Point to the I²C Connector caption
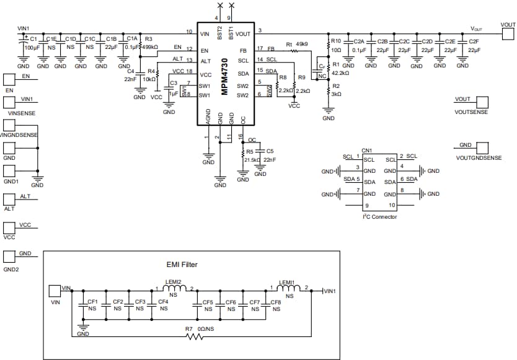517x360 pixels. pos(380,217)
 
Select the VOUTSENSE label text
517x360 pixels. pos(471,112)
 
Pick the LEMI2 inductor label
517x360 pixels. pos(173,282)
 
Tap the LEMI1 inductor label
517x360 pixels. pos(286,282)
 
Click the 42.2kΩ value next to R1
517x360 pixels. pos(341,72)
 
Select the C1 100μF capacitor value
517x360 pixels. pos(33,47)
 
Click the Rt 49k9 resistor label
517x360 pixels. pos(297,44)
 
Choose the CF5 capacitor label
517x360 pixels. pos(208,302)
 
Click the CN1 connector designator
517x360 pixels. pos(366,150)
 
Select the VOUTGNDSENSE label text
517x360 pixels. pos(479,158)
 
